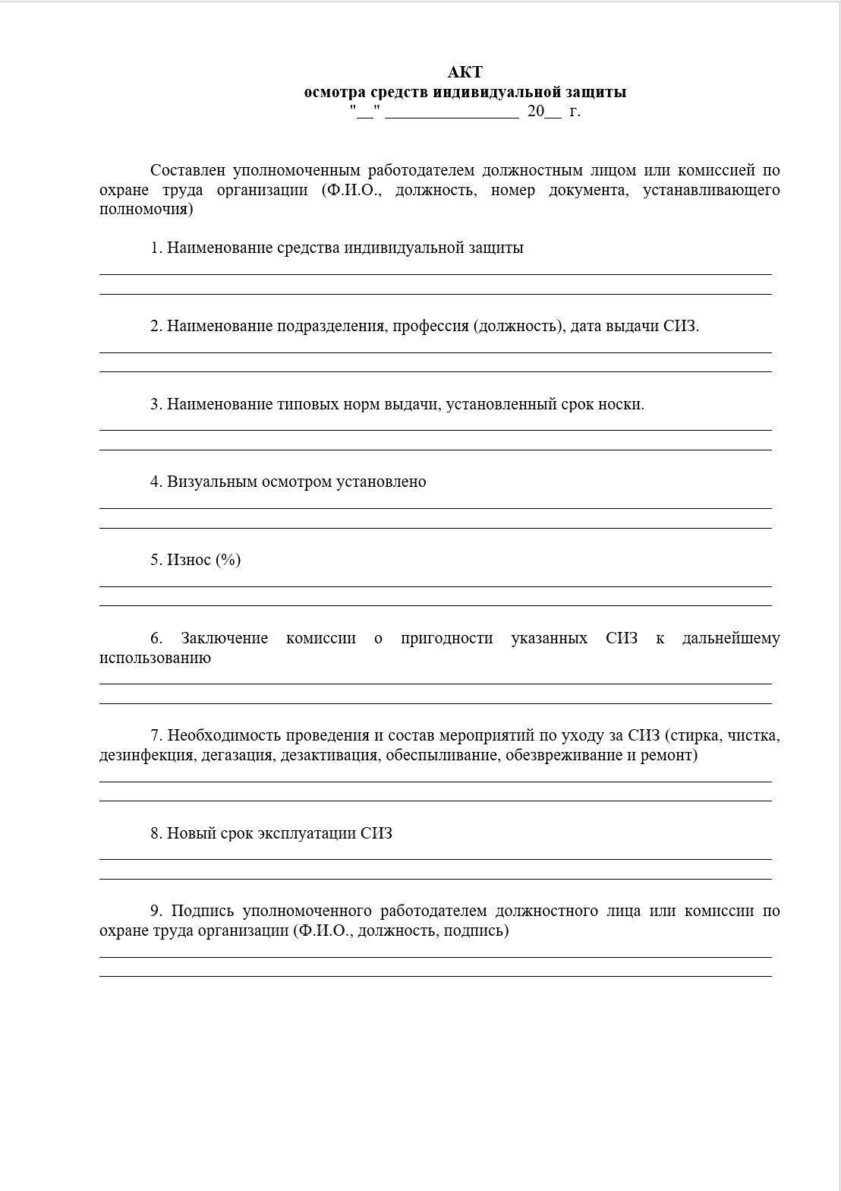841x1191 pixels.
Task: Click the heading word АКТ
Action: pos(465,72)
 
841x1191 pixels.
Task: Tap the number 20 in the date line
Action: pos(536,111)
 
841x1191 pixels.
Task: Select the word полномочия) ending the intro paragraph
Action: pos(146,210)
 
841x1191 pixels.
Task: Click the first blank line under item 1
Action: pos(435,274)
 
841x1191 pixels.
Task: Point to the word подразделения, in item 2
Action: pos(332,326)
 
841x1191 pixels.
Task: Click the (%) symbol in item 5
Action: pos(228,560)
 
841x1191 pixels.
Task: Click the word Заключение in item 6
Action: pos(224,638)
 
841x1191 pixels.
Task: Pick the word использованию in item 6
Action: pos(155,658)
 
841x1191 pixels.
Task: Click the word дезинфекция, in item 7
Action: pos(147,755)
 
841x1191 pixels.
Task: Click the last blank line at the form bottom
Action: pos(435,976)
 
